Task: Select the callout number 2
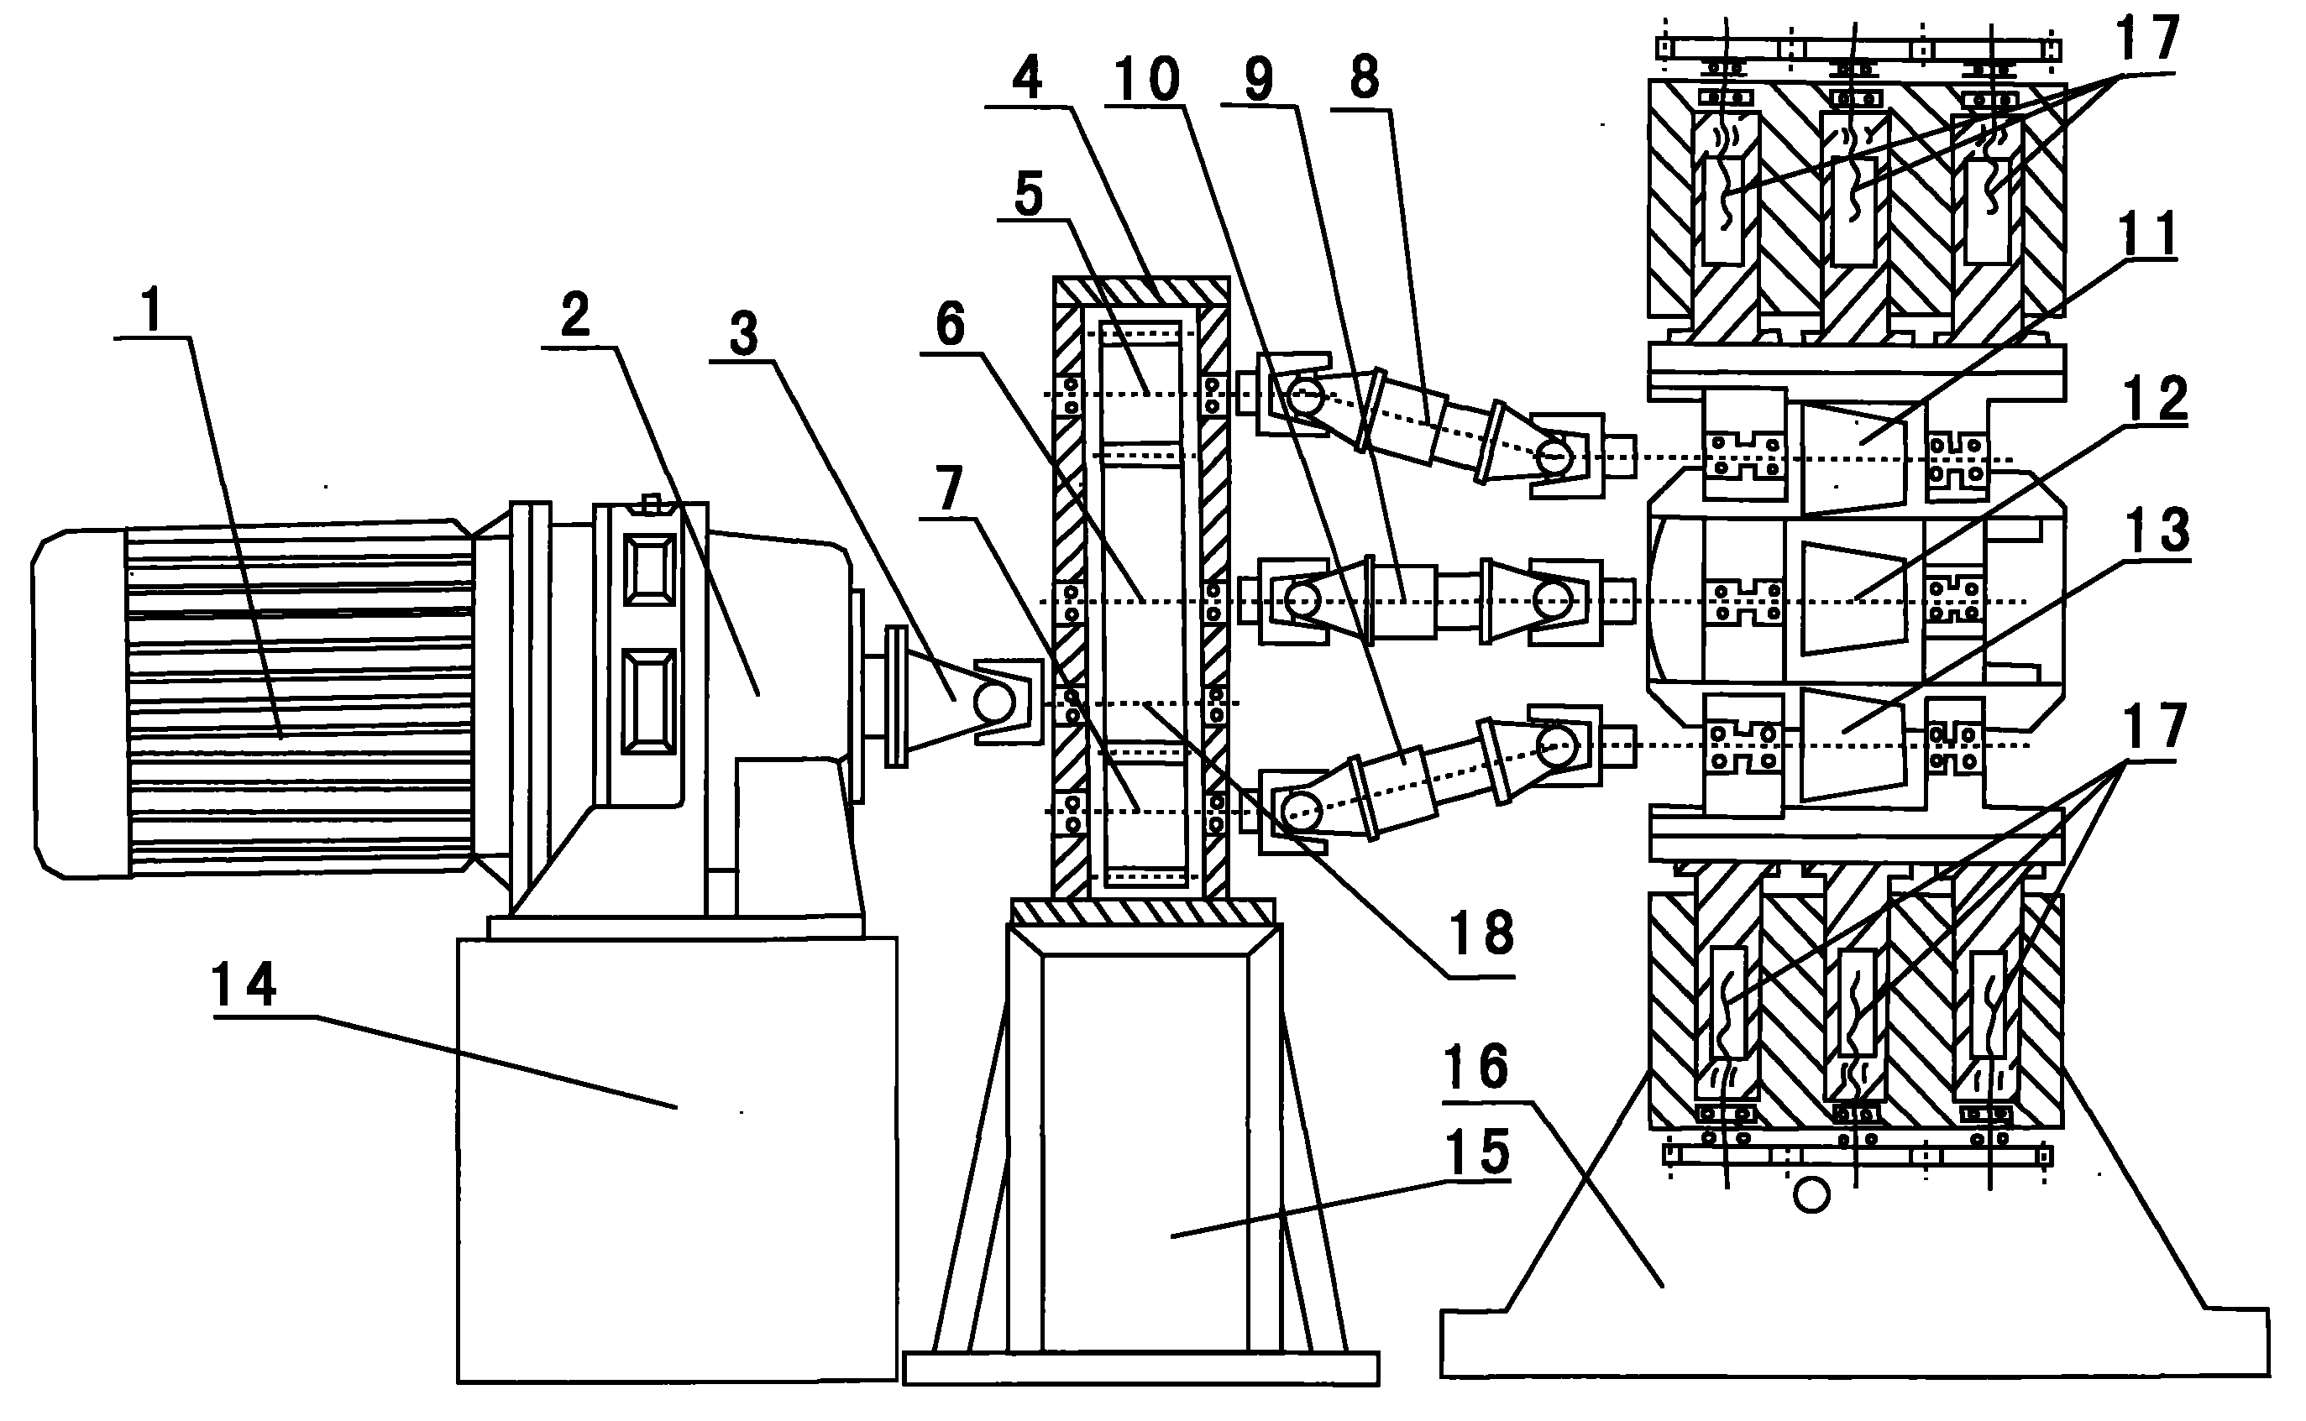[575, 316]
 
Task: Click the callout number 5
[1030, 195]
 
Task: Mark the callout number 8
[1364, 79]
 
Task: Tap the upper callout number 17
[2147, 39]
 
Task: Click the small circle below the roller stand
[1811, 1196]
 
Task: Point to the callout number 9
[1259, 79]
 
